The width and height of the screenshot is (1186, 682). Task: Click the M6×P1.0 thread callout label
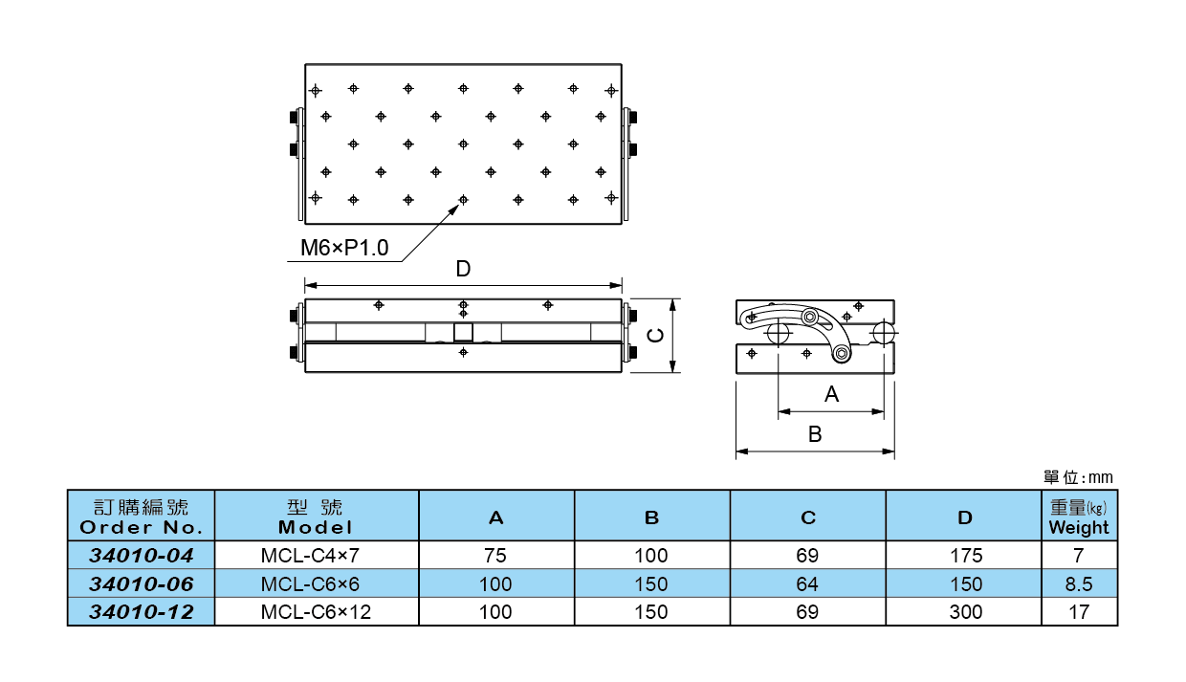[x=344, y=249]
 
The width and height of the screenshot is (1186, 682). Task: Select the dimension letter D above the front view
[x=463, y=270]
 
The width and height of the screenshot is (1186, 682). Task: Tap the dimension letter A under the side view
[x=831, y=394]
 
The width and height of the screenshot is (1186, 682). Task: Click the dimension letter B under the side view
[x=815, y=434]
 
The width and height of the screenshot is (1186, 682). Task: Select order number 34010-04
[x=141, y=556]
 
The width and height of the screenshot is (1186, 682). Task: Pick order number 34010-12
[x=141, y=612]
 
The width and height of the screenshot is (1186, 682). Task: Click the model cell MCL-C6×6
[x=316, y=583]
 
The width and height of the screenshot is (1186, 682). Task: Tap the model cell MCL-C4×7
[x=316, y=556]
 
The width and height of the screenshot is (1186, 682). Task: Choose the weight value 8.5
[x=1078, y=583]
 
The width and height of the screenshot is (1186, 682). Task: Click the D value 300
[x=965, y=612]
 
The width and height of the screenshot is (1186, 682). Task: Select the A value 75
[x=495, y=556]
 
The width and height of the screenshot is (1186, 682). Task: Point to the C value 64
[x=808, y=583]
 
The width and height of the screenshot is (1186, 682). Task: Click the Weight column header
[x=1079, y=517]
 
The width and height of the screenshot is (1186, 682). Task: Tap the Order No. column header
[x=142, y=517]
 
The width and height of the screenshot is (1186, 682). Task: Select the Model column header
[x=316, y=517]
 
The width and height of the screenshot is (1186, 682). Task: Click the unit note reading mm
[x=1079, y=477]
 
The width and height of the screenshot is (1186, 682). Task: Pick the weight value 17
[x=1078, y=612]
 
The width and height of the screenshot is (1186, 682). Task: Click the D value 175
[x=965, y=556]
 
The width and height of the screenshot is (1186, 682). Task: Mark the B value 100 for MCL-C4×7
[x=651, y=556]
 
